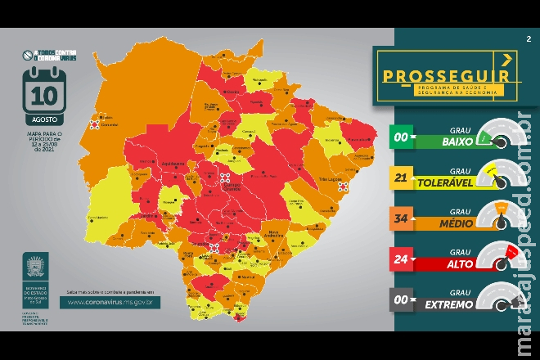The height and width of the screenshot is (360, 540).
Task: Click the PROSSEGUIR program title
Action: click(x=447, y=75)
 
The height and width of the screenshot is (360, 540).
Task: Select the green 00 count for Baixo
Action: click(x=402, y=137)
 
